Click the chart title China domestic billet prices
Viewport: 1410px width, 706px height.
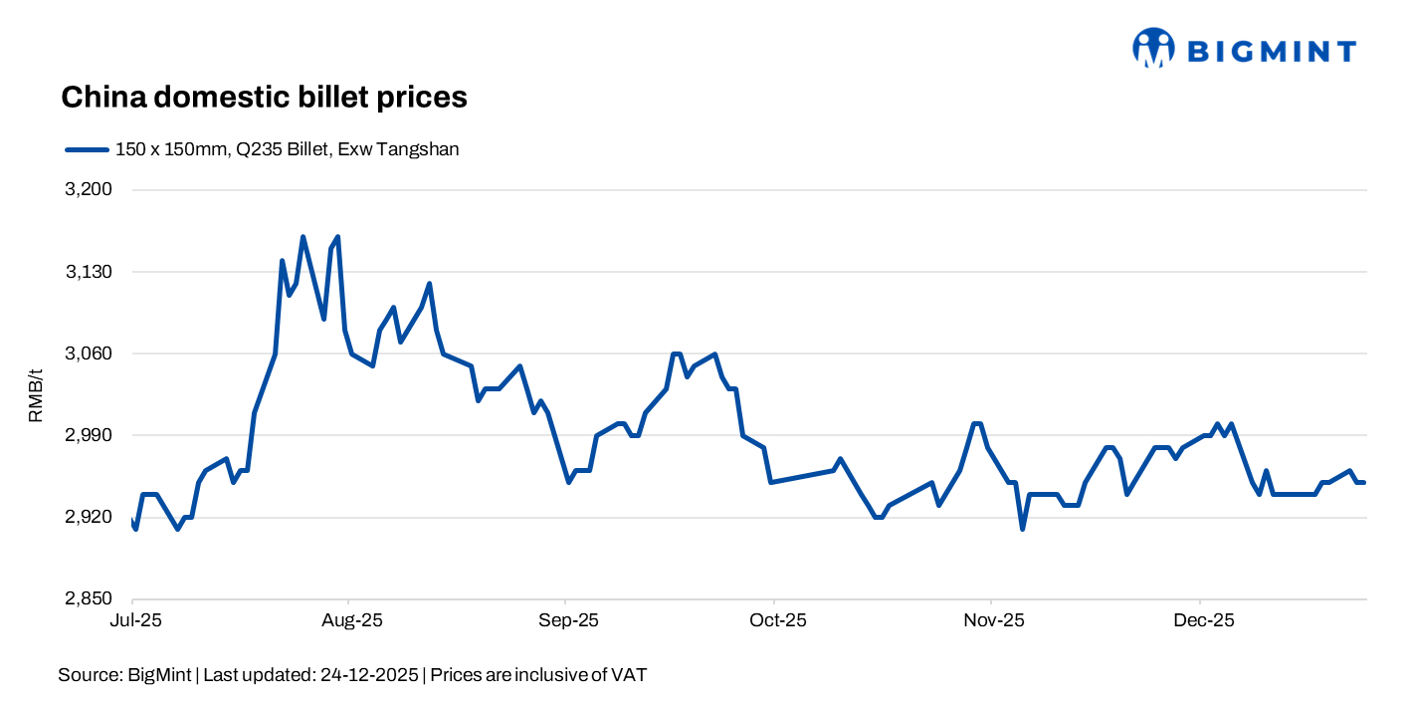[x=264, y=97]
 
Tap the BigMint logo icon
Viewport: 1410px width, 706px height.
[x=1153, y=48]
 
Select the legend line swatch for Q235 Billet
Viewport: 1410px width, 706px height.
[x=86, y=149]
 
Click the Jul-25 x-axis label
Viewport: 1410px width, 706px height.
[x=132, y=620]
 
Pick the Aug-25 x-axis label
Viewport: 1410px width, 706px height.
[x=349, y=620]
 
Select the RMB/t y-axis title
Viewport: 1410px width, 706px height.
[x=36, y=394]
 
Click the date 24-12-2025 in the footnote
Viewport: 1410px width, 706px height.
[x=368, y=675]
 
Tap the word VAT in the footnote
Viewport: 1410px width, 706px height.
[x=629, y=675]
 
